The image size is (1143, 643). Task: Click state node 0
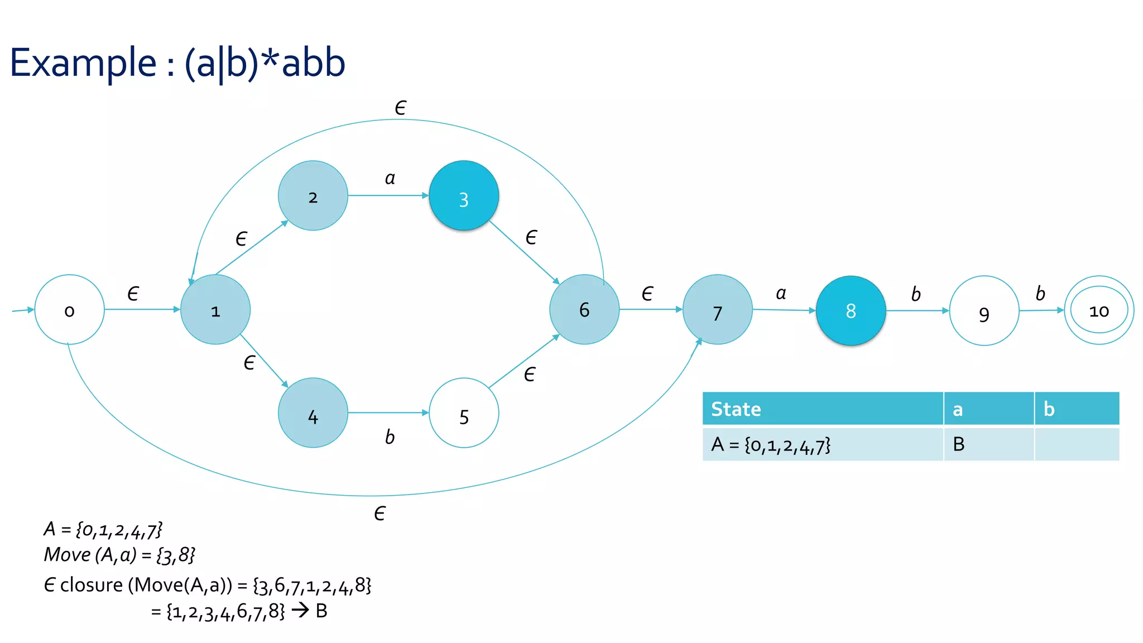69,310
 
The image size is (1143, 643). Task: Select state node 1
215,310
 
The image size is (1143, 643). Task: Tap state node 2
313,196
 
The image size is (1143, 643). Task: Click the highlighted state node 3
464,196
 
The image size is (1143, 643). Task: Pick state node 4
313,413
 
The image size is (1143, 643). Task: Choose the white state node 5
464,413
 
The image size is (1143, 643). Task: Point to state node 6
584,310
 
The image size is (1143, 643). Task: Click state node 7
718,310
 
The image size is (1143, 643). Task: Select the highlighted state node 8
851,311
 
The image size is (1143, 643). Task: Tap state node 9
984,311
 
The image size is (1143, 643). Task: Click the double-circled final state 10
1099,310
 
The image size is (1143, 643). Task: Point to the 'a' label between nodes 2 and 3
390,179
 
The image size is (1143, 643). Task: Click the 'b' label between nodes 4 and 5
390,437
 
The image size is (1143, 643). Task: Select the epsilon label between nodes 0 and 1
133,294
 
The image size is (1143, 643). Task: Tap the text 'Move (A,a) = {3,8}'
119,555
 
